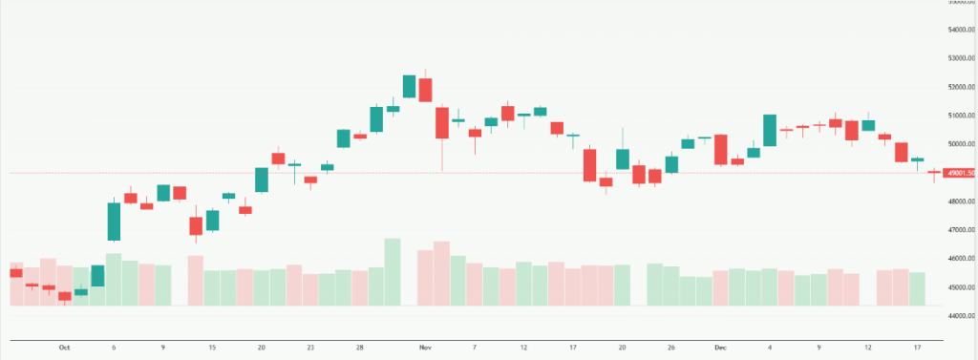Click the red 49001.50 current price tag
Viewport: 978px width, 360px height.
coord(958,173)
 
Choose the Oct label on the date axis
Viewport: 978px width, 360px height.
coord(64,348)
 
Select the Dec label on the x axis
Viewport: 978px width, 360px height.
coord(720,348)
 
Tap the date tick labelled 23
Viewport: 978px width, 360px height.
coord(310,348)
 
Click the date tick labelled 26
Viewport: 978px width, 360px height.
coord(671,348)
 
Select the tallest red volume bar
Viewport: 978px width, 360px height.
coord(441,274)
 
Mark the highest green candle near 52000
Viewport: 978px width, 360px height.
coord(409,86)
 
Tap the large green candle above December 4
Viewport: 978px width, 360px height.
coord(770,130)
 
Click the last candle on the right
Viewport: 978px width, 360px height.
coord(933,173)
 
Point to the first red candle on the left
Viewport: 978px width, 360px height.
coord(15,273)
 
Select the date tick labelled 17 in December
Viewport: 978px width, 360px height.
coord(917,348)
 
